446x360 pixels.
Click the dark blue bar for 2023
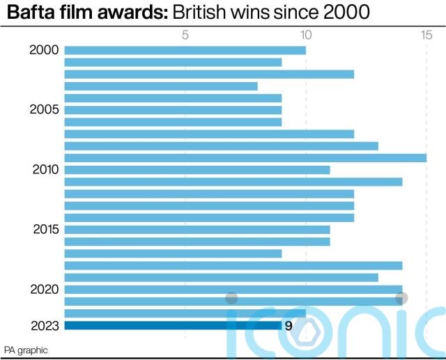coord(173,325)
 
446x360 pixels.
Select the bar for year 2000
coord(185,50)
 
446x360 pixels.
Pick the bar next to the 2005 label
coord(173,110)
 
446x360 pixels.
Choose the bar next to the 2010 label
coord(197,170)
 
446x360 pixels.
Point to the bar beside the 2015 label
coord(197,230)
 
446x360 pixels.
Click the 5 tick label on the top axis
coord(185,34)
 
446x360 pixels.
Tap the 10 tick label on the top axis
coord(305,34)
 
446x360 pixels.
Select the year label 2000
coord(44,50)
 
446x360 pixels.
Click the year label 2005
coord(44,110)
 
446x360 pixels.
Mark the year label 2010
coord(44,170)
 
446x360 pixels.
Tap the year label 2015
coord(44,230)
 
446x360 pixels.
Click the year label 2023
coord(44,325)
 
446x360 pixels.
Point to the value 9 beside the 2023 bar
coord(288,325)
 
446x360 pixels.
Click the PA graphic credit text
coord(26,349)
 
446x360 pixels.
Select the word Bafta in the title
coord(30,12)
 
